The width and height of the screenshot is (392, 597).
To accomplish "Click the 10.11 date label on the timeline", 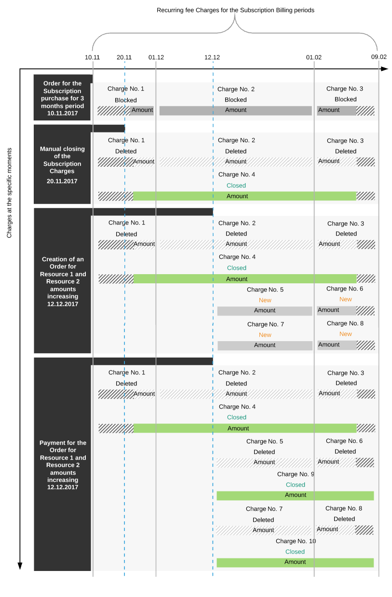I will [x=92, y=57].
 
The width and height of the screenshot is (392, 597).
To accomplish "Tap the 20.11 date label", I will [x=124, y=57].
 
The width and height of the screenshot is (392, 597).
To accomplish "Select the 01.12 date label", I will [x=156, y=57].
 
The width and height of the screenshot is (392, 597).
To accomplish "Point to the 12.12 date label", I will [x=212, y=57].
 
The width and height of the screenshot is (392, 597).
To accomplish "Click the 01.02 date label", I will [x=313, y=57].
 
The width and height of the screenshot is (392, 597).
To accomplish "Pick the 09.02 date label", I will [x=378, y=57].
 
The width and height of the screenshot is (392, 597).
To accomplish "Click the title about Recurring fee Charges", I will [x=235, y=10].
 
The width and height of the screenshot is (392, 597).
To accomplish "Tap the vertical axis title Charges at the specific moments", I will [x=10, y=193].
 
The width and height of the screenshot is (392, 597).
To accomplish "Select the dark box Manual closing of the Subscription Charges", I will [x=63, y=164].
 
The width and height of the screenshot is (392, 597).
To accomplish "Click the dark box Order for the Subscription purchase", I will [x=63, y=98].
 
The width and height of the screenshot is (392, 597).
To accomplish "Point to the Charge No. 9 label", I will [x=296, y=474].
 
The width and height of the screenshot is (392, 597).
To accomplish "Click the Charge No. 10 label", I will [x=296, y=541].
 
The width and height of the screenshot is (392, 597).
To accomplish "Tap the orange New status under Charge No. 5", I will [x=265, y=300].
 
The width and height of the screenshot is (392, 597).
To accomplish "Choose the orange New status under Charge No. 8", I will [x=345, y=334].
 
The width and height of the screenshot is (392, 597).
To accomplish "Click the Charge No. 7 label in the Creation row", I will [x=265, y=324].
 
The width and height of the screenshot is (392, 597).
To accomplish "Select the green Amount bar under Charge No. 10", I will [x=295, y=562].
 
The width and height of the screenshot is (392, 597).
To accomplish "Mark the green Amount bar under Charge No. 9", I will [x=295, y=495].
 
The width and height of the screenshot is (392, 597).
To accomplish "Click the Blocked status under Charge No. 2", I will [x=235, y=100].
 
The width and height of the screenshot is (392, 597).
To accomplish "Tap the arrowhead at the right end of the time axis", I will [x=384, y=69].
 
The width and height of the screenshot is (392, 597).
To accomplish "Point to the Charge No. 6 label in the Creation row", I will [x=344, y=289].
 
